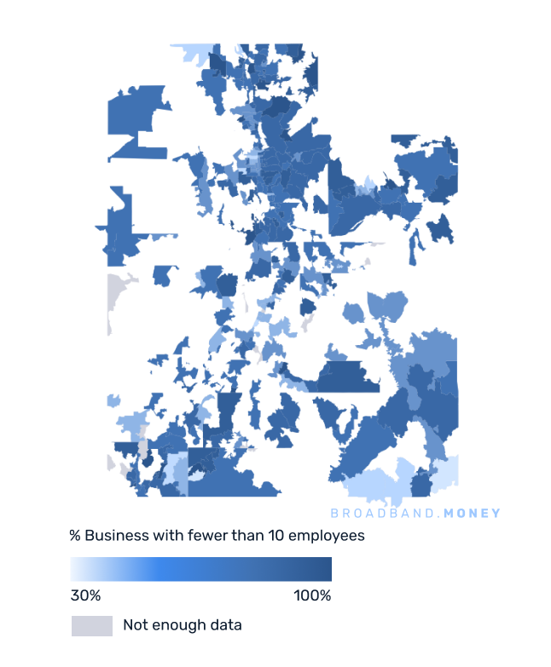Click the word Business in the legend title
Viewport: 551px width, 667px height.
(x=116, y=537)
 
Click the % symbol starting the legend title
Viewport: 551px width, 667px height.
(x=75, y=537)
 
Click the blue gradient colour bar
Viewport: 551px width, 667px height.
(x=200, y=569)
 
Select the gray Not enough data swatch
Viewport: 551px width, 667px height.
(x=92, y=626)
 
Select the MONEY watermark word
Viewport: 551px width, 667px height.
(x=473, y=514)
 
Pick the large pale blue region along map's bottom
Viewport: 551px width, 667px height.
(x=375, y=481)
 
